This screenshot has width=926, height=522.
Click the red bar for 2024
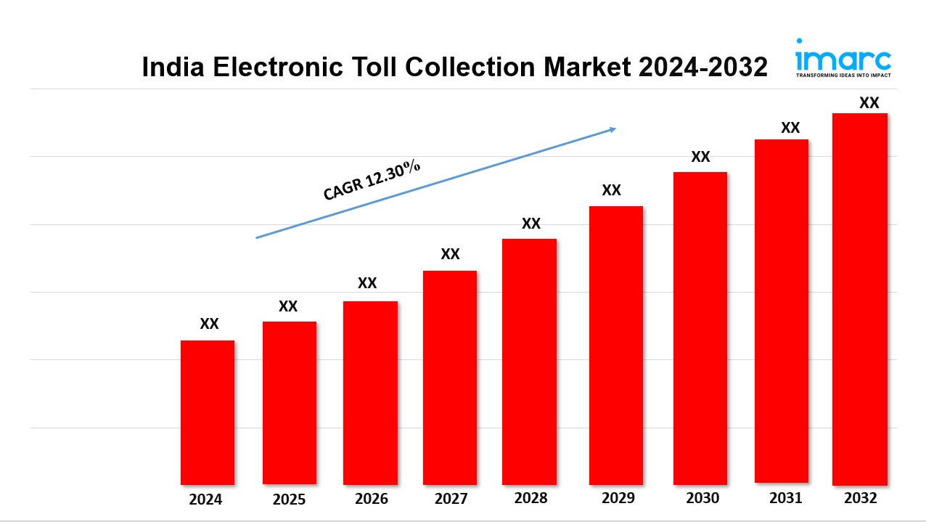tap(208, 412)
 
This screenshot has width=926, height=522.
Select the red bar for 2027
tap(450, 377)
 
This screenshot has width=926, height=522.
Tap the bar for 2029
tap(615, 345)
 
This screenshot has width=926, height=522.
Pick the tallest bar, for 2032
tap(860, 298)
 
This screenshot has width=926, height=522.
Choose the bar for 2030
tap(700, 327)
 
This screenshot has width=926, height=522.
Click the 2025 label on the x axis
tap(289, 499)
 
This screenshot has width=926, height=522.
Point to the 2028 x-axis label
tap(530, 499)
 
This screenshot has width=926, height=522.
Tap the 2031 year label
tap(785, 498)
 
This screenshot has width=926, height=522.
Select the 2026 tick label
tap(371, 499)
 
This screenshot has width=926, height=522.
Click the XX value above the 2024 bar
tap(209, 324)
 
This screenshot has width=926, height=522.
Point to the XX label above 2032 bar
tap(869, 103)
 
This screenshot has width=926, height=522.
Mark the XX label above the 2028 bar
tap(531, 224)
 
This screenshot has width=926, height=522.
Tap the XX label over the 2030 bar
tap(700, 157)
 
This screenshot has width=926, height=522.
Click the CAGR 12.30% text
tap(372, 179)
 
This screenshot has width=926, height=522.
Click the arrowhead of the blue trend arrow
tap(612, 129)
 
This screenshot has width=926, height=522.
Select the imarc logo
tap(843, 58)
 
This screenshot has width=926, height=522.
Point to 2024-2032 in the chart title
tap(702, 67)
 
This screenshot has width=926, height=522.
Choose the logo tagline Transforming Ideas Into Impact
tap(843, 75)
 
